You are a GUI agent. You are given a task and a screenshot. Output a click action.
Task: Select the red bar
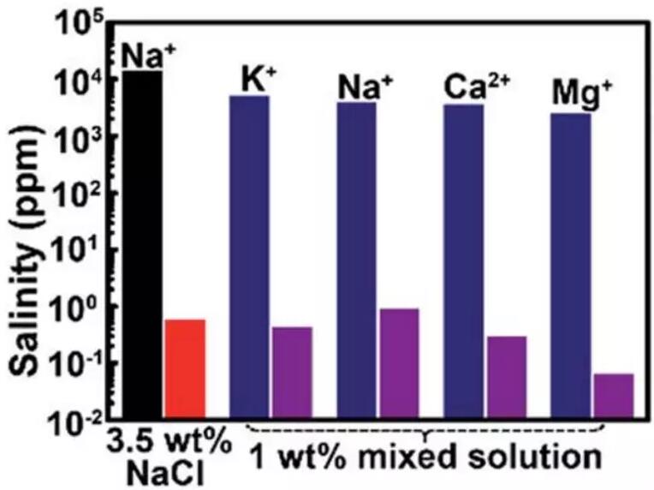pos(184,368)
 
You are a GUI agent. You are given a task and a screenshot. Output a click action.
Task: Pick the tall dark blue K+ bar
pos(249,257)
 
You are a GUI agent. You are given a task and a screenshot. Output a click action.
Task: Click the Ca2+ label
pos(473,87)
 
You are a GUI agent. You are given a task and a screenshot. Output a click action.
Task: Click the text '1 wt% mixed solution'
pos(425,451)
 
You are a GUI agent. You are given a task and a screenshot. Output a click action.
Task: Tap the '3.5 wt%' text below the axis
pos(169,445)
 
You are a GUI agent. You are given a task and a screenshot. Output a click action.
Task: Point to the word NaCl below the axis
pos(169,473)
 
